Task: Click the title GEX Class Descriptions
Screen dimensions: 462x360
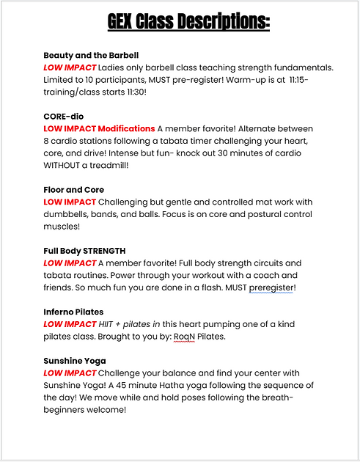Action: pyautogui.click(x=180, y=22)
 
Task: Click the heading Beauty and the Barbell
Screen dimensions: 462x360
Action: pyautogui.click(x=91, y=55)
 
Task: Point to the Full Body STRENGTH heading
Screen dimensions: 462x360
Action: pyautogui.click(x=84, y=251)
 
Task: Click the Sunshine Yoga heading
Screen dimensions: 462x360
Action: pyautogui.click(x=75, y=361)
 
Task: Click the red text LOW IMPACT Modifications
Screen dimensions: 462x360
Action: pyautogui.click(x=99, y=128)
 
